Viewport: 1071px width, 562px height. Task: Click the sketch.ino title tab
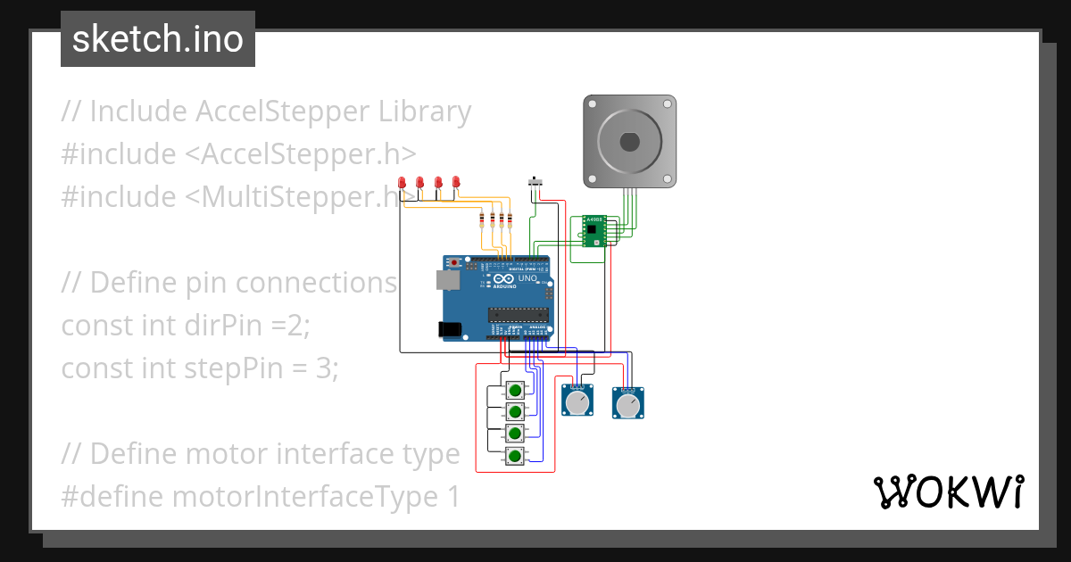point(157,39)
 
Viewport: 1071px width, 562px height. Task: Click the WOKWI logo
point(947,492)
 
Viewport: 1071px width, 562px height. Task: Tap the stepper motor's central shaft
point(629,142)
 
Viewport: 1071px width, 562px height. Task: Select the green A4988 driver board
point(594,230)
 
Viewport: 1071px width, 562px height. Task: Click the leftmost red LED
point(403,183)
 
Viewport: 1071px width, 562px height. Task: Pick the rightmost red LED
point(456,183)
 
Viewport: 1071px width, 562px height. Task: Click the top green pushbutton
point(515,391)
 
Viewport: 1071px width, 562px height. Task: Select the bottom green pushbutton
point(515,457)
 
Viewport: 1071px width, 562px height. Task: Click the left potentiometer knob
point(577,403)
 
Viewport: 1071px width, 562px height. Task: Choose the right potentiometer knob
point(628,405)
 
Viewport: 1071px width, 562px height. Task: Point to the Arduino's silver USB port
point(446,280)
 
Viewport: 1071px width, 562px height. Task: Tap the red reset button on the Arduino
point(456,262)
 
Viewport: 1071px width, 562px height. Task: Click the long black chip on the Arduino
point(517,313)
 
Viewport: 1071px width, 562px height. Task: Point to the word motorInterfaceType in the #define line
point(298,496)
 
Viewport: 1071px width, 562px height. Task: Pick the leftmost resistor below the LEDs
point(483,220)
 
